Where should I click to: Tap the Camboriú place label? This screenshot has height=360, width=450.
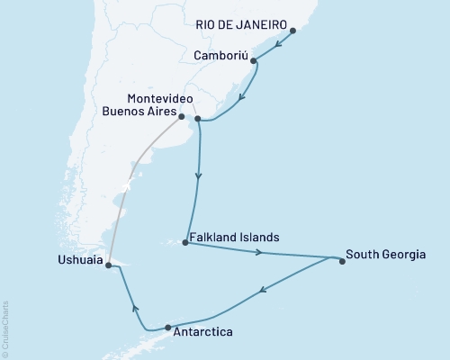(220, 55)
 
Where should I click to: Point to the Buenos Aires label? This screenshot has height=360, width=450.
(138, 114)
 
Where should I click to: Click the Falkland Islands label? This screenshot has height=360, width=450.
(235, 238)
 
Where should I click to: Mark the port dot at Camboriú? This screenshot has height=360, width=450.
(254, 61)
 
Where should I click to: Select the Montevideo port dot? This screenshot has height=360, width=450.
(197, 117)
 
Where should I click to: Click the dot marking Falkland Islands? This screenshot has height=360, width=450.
(184, 242)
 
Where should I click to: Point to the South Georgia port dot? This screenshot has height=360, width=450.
(342, 262)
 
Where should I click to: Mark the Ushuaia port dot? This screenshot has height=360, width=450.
(107, 265)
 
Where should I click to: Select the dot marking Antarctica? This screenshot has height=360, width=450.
(167, 328)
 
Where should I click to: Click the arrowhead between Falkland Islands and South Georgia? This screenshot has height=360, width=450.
(259, 253)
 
